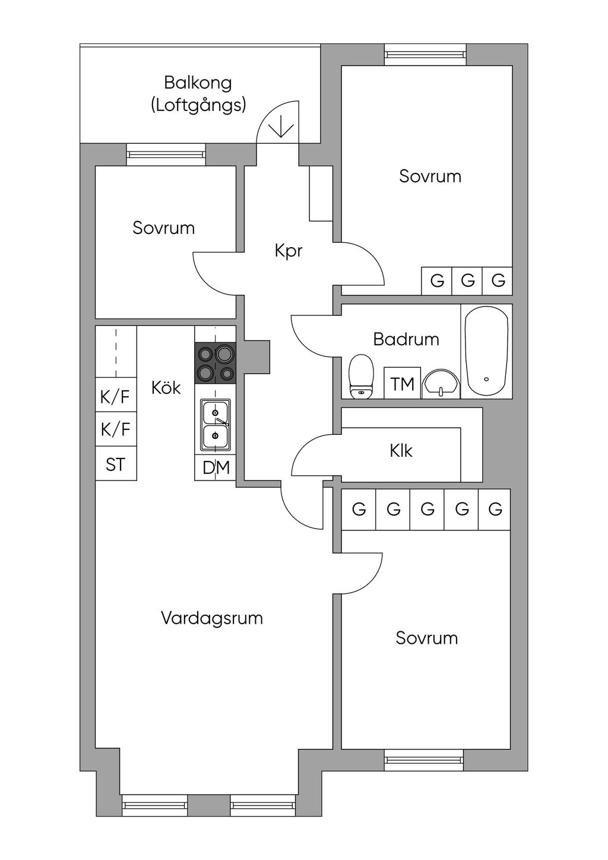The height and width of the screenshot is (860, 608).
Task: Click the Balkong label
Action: [198, 83]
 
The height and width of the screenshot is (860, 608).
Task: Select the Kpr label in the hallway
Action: [289, 251]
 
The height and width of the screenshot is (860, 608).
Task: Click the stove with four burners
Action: [216, 363]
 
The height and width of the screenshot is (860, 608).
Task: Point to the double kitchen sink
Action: [215, 424]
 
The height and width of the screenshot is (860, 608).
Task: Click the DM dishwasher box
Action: [216, 468]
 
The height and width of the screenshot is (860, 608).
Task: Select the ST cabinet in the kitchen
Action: [116, 464]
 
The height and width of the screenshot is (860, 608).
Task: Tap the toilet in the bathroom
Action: [361, 377]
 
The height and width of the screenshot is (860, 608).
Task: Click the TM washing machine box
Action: [403, 384]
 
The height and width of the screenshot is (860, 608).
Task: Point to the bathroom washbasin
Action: [441, 384]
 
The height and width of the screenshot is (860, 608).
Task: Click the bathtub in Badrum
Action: [486, 351]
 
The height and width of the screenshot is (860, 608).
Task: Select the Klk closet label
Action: [401, 451]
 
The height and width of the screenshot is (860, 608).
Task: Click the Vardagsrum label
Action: [212, 618]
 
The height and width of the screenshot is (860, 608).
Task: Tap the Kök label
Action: [166, 388]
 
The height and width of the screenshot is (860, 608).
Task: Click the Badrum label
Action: [406, 339]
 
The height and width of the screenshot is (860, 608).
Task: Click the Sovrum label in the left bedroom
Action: [163, 228]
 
